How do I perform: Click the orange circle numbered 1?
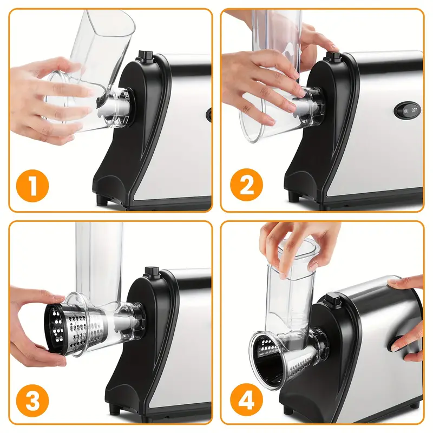pos(32,186)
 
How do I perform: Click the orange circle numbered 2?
pos(247,185)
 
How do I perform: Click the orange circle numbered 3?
pos(32,401)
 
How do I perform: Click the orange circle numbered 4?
pos(247,399)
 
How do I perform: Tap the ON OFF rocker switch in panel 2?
pos(408,110)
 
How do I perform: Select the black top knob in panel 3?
pos(152,272)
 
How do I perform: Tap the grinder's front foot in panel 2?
pos(294,196)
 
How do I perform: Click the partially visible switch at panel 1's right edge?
pos(209,114)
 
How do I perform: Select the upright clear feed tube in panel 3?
pos(99,261)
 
